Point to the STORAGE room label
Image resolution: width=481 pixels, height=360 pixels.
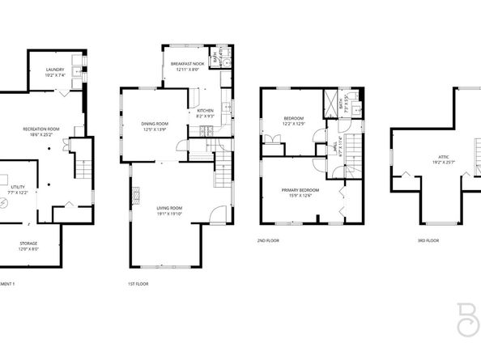pos(28,243)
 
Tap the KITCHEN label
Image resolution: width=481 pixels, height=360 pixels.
pos(205,111)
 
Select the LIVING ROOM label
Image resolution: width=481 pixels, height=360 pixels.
pos(169,208)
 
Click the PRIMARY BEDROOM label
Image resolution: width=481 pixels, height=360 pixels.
pos(300,190)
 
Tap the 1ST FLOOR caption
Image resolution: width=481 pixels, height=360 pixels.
pos(138,283)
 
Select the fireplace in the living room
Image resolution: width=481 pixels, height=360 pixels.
pos(135,194)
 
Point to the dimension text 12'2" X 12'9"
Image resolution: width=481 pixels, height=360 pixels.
pos(293,124)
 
